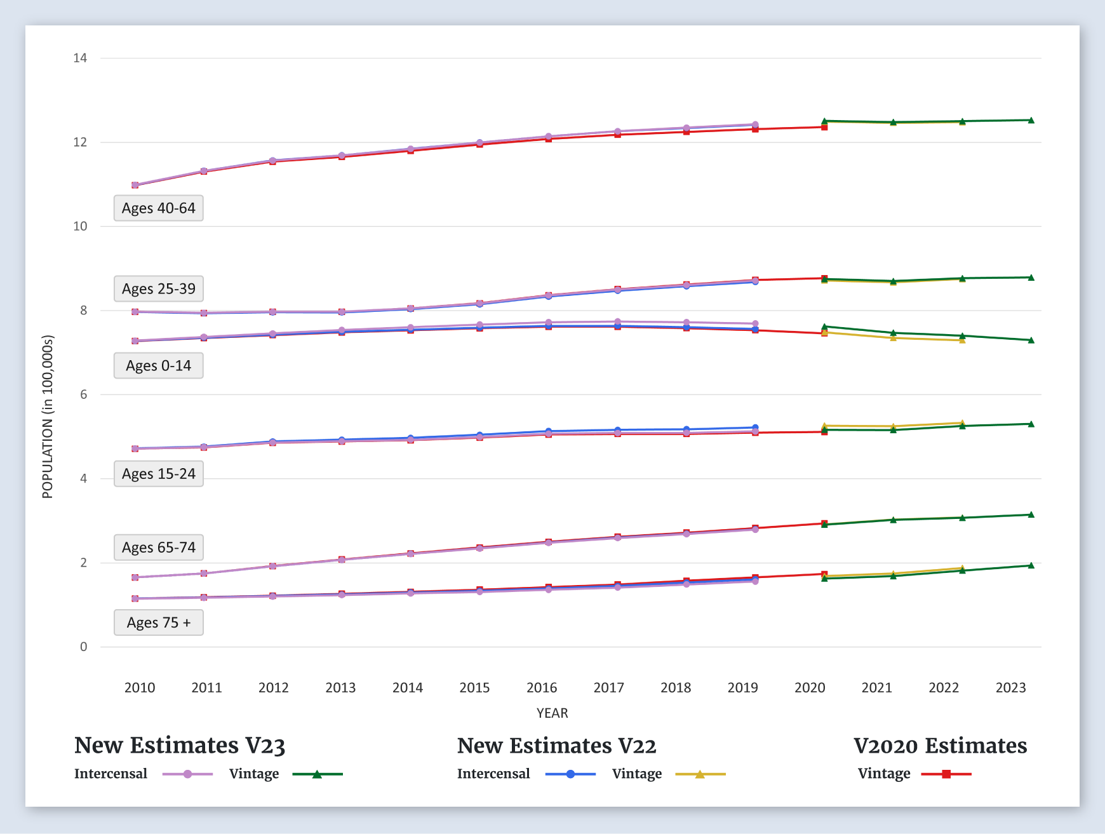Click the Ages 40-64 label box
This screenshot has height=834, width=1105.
click(159, 208)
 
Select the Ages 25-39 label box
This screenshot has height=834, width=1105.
click(159, 289)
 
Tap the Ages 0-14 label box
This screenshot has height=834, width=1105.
click(159, 366)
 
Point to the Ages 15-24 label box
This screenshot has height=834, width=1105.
click(159, 474)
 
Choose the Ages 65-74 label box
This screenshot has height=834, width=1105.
click(159, 548)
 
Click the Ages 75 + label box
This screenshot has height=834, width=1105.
click(159, 622)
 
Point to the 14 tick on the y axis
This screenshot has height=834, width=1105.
click(80, 58)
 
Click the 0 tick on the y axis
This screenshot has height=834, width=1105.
click(83, 647)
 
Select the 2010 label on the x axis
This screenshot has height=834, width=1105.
click(140, 688)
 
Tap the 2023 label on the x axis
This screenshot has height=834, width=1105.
click(1011, 688)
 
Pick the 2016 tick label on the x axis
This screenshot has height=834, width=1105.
click(542, 688)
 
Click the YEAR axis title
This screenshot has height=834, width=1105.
click(552, 713)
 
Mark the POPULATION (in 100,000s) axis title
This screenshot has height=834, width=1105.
click(48, 417)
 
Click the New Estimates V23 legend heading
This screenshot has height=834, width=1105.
click(180, 746)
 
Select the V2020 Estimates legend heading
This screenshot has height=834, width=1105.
click(940, 746)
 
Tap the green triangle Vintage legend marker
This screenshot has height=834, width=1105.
click(317, 774)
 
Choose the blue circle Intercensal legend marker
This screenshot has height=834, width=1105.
click(570, 774)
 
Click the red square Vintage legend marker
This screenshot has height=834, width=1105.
click(946, 774)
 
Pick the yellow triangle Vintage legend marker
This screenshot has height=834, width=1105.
click(700, 774)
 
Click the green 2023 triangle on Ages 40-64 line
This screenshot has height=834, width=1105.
click(1031, 120)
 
